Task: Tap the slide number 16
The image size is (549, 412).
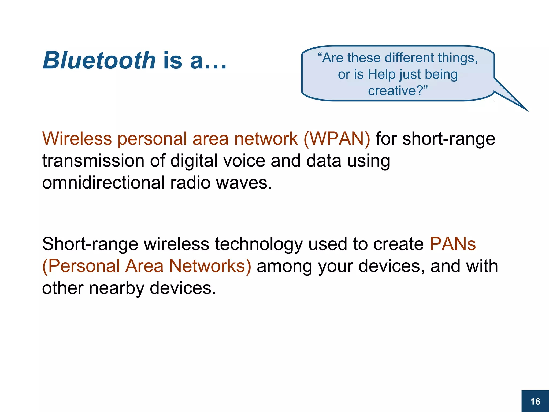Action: pos(535,402)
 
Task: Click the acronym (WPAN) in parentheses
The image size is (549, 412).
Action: pos(337,139)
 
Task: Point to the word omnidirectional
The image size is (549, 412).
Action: pos(103,183)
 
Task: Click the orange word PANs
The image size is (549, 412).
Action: pos(453,244)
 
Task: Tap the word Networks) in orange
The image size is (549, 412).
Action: pos(210,266)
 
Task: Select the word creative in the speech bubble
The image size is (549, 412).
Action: pos(391,91)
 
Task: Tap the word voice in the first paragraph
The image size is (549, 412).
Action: pos(244,161)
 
